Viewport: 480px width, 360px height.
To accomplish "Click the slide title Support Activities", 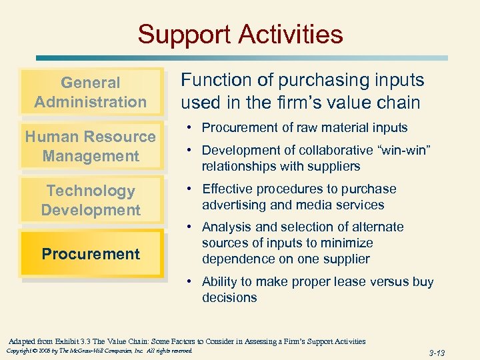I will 240,34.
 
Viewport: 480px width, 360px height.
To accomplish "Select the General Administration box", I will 91,92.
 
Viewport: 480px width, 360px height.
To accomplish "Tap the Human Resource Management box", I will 91,146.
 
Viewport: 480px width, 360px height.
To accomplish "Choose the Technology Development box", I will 91,200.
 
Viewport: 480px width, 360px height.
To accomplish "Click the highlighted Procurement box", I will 91,254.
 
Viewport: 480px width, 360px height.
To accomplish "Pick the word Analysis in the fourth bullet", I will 226,227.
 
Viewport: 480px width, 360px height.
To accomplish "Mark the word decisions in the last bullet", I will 229,297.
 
